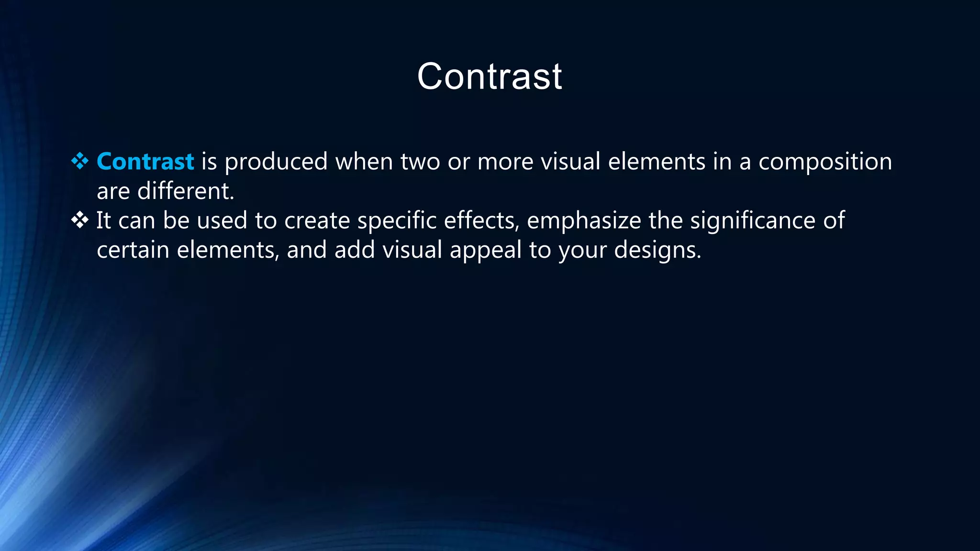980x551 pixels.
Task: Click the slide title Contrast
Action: click(x=490, y=77)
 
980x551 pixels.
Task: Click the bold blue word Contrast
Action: click(x=145, y=162)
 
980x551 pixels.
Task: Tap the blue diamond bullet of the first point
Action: click(x=80, y=161)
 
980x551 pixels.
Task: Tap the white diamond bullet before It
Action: click(x=80, y=220)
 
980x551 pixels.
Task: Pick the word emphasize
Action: click(x=584, y=221)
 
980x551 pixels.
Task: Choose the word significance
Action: click(x=753, y=221)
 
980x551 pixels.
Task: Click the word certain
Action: click(x=133, y=250)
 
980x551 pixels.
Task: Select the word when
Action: click(x=364, y=162)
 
